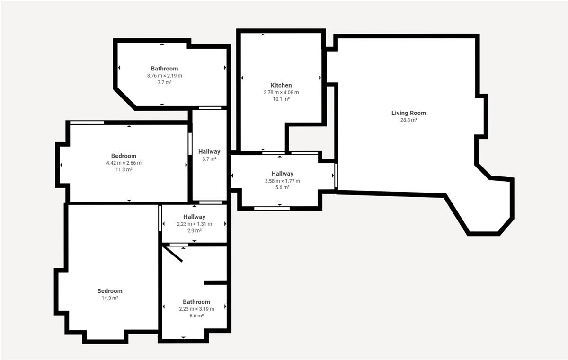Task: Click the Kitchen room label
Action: pyautogui.click(x=281, y=85)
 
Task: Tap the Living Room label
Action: pyautogui.click(x=408, y=113)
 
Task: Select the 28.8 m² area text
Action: pyautogui.click(x=408, y=120)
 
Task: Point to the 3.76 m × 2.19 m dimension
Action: pyautogui.click(x=165, y=76)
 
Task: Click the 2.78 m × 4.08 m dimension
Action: pyautogui.click(x=281, y=92)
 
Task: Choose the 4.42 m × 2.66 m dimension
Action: pyautogui.click(x=124, y=163)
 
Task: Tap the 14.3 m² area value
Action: pyautogui.click(x=110, y=298)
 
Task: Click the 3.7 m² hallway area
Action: pyautogui.click(x=209, y=159)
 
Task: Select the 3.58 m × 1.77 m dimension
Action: pyautogui.click(x=282, y=181)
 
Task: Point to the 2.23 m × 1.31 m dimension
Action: pyautogui.click(x=194, y=224)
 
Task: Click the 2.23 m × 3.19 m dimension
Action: pyautogui.click(x=196, y=309)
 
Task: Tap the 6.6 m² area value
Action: pyautogui.click(x=196, y=316)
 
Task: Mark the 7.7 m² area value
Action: pyautogui.click(x=165, y=82)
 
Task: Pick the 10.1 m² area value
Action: pyautogui.click(x=281, y=99)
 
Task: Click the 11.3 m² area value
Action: pyautogui.click(x=124, y=169)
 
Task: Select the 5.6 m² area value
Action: pyautogui.click(x=282, y=187)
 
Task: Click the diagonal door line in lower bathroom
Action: pyautogui.click(x=172, y=254)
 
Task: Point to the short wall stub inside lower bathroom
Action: pyautogui.click(x=215, y=282)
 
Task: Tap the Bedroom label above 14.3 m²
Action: pyautogui.click(x=110, y=291)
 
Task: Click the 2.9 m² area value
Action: pyautogui.click(x=194, y=231)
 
